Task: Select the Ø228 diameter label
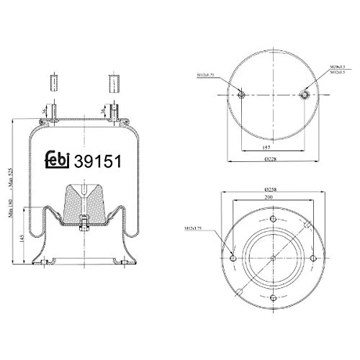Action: click(272, 159)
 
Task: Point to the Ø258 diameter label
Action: click(271, 189)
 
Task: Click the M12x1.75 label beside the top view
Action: click(208, 75)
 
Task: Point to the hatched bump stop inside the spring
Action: click(84, 205)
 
